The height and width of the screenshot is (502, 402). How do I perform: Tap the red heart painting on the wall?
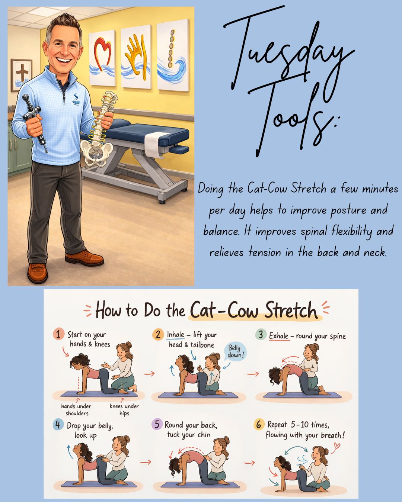coord(102,58)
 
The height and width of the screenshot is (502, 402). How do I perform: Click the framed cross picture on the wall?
coord(22,75)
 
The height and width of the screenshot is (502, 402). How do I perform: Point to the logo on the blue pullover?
coord(76,99)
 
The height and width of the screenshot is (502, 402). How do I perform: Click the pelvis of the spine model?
coord(96,152)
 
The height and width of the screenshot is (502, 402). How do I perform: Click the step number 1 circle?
coord(58,334)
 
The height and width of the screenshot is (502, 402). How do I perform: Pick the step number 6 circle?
coord(259,425)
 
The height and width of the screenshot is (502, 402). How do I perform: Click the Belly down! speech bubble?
coord(234,351)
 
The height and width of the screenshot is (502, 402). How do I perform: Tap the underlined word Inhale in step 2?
coord(176,335)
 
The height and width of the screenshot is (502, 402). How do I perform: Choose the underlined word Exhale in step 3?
coord(279,336)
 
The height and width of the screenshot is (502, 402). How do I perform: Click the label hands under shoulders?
coord(76,410)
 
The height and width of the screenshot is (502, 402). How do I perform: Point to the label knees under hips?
coord(124,410)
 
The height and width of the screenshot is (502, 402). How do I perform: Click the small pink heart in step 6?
coord(336,446)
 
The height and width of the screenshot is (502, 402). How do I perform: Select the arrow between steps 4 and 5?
coord(146,462)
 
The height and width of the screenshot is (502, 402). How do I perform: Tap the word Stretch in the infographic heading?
coord(291,310)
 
